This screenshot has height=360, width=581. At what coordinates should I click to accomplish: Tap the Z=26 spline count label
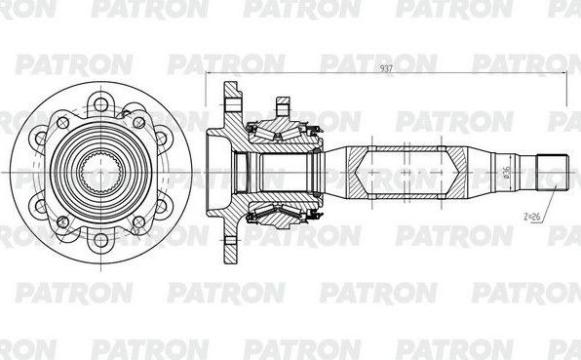click(530, 215)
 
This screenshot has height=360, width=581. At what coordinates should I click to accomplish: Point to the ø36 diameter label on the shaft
click(508, 177)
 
